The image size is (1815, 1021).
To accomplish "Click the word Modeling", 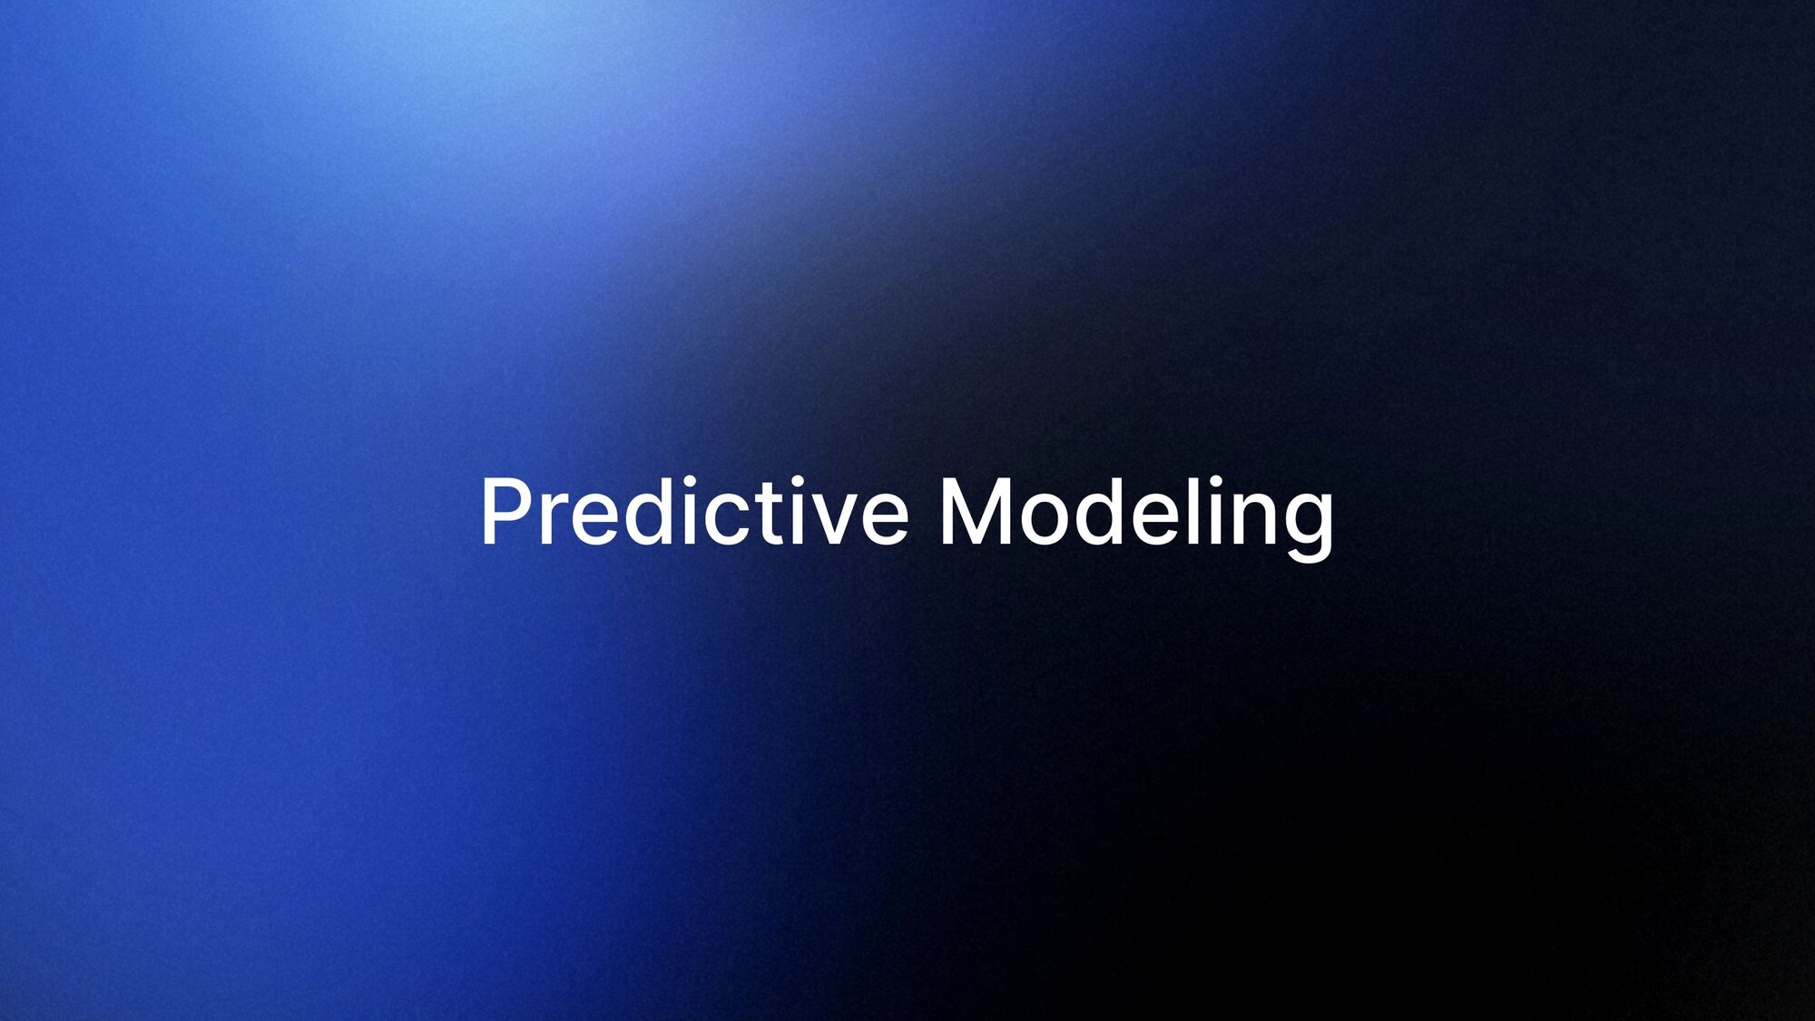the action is coord(1136,518).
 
